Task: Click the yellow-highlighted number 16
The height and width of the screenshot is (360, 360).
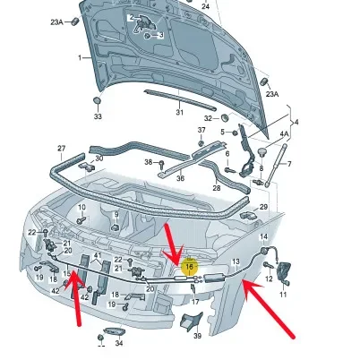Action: coord(189,266)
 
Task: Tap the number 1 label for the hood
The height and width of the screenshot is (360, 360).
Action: coord(80,57)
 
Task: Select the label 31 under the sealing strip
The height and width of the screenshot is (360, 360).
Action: coord(179,112)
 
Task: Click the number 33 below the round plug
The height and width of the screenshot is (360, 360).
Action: coord(98,116)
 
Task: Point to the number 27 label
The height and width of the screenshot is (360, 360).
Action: coord(62,148)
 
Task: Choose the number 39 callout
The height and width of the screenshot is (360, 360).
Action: coord(197,336)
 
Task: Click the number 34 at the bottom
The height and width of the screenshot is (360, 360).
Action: coord(119,343)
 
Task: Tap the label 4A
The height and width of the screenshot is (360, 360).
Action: coord(285,134)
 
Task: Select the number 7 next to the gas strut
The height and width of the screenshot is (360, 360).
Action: coord(289,164)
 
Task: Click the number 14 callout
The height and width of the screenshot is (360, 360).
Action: coord(263,236)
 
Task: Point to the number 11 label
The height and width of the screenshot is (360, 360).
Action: coord(283,295)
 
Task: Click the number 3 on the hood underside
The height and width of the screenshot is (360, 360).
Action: coord(161,35)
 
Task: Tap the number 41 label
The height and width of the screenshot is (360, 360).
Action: coord(98,255)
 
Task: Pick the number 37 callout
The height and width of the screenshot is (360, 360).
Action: coord(201,130)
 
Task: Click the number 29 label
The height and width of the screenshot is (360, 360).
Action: coord(263,207)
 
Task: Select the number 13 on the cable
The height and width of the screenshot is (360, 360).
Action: coord(236,261)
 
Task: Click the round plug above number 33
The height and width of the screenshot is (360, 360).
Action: coord(97,100)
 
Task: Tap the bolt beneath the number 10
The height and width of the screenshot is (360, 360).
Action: coord(81,220)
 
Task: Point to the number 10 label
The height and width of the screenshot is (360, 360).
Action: coord(81,207)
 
